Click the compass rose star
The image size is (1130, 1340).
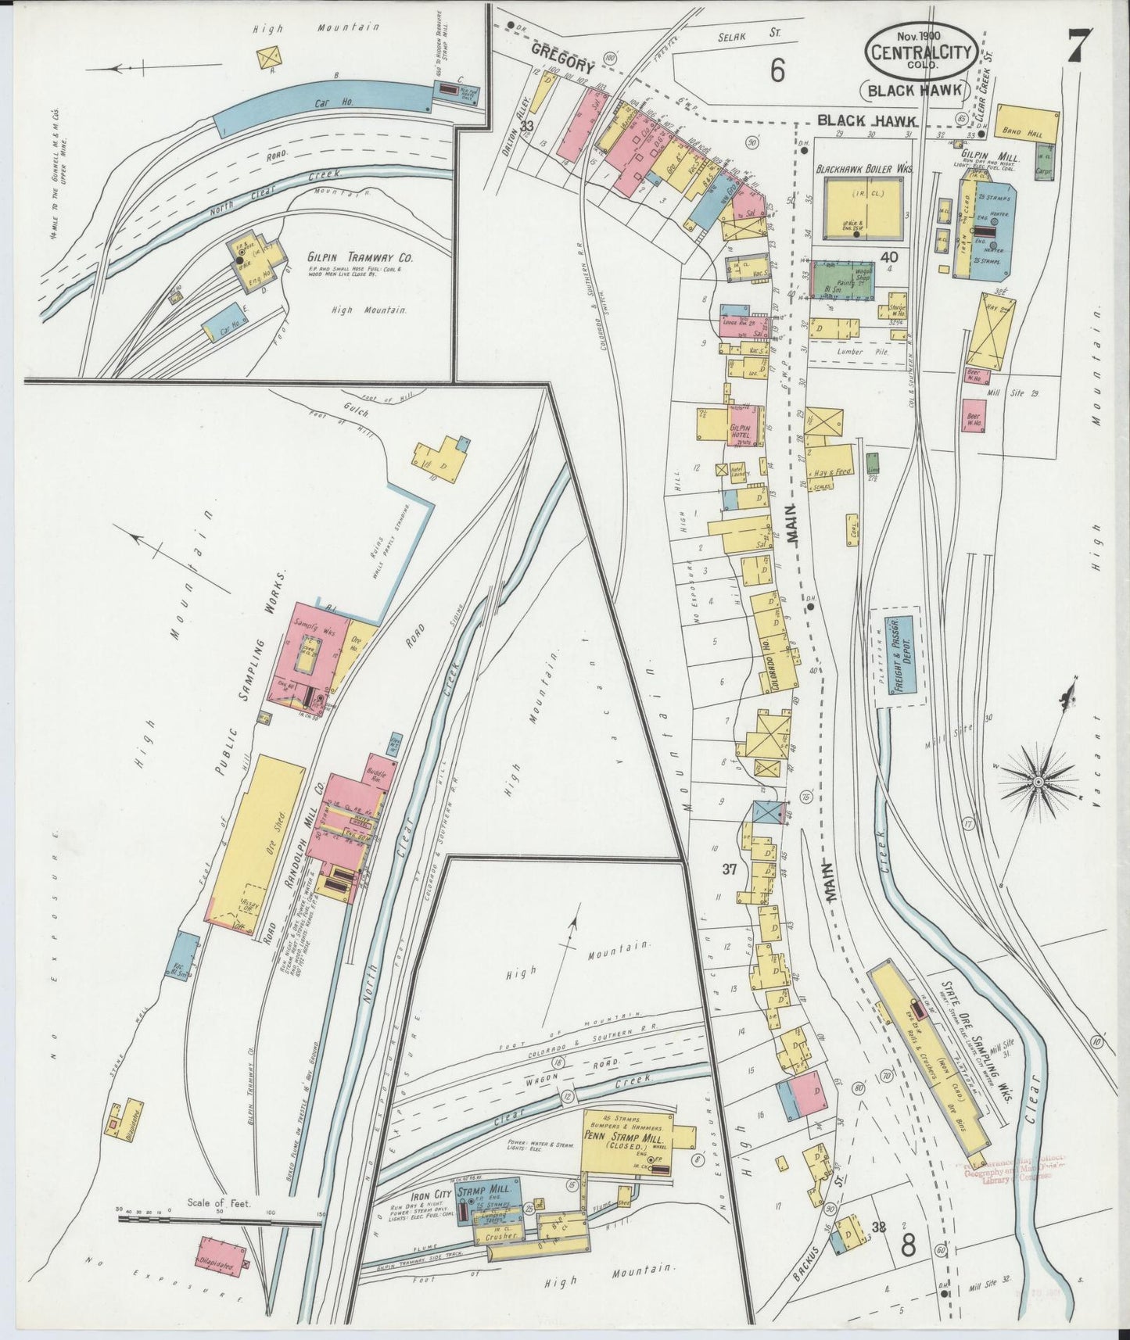pyautogui.click(x=1038, y=781)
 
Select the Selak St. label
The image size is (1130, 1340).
pyautogui.click(x=740, y=36)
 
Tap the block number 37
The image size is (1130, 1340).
pyautogui.click(x=730, y=868)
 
